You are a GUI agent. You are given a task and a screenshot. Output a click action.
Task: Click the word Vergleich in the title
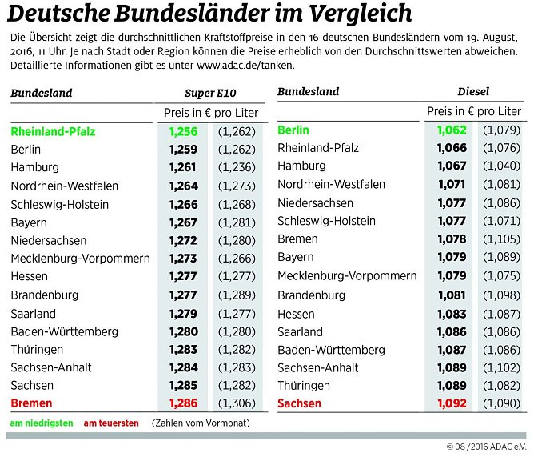point(356,14)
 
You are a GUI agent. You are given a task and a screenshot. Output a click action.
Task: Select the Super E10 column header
point(210,92)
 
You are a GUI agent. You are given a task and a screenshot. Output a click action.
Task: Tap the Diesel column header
point(473,92)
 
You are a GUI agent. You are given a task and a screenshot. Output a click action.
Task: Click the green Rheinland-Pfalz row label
point(54,131)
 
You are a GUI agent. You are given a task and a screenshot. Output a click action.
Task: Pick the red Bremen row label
point(32,403)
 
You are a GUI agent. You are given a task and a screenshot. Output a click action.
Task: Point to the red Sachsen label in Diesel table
point(299,403)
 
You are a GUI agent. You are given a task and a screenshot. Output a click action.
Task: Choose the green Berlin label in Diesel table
point(293,130)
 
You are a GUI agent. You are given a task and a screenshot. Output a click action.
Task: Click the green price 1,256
point(183,131)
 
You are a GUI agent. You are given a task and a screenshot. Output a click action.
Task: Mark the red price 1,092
point(451,403)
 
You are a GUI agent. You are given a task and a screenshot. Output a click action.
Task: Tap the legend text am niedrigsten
point(42,423)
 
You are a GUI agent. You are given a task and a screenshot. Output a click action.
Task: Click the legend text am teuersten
point(111,423)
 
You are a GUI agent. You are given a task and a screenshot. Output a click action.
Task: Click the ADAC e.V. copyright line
point(488,446)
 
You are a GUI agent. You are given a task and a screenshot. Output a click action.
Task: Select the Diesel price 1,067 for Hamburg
point(451,166)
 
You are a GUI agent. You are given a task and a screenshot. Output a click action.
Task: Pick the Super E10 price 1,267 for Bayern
point(183,222)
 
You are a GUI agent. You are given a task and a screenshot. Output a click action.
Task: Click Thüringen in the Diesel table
point(305,385)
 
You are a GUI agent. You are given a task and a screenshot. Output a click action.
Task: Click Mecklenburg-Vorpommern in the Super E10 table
point(81,259)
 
